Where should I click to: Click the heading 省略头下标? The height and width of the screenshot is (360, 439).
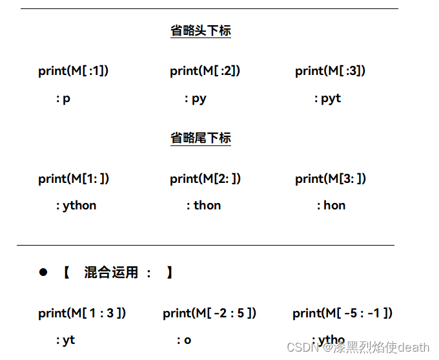pyautogui.click(x=201, y=30)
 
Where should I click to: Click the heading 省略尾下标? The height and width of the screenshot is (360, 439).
pyautogui.click(x=201, y=138)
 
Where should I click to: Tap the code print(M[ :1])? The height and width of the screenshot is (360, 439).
pyautogui.click(x=73, y=71)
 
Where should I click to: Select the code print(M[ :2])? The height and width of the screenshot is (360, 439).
pyautogui.click(x=205, y=71)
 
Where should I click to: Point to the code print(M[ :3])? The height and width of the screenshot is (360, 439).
pyautogui.click(x=330, y=71)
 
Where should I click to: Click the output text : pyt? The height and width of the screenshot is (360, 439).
pyautogui.click(x=327, y=98)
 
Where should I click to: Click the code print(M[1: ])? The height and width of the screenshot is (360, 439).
pyautogui.click(x=74, y=178)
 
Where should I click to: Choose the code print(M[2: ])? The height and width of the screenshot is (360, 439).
pyautogui.click(x=205, y=178)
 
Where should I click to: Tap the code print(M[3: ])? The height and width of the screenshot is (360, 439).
pyautogui.click(x=331, y=178)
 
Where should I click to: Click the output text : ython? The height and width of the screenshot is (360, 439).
pyautogui.click(x=76, y=206)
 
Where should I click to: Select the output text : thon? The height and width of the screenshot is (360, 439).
pyautogui.click(x=203, y=206)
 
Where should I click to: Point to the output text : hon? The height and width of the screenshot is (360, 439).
pyautogui.click(x=331, y=206)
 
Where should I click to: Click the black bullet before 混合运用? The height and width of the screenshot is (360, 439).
pyautogui.click(x=43, y=272)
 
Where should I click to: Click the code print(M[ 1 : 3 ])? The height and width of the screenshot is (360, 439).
pyautogui.click(x=82, y=313)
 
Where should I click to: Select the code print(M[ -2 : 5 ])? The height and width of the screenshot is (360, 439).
pyautogui.click(x=210, y=313)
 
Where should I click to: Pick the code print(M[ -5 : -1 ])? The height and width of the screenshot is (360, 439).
pyautogui.click(x=342, y=313)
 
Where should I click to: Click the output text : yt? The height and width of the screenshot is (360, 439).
pyautogui.click(x=65, y=340)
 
